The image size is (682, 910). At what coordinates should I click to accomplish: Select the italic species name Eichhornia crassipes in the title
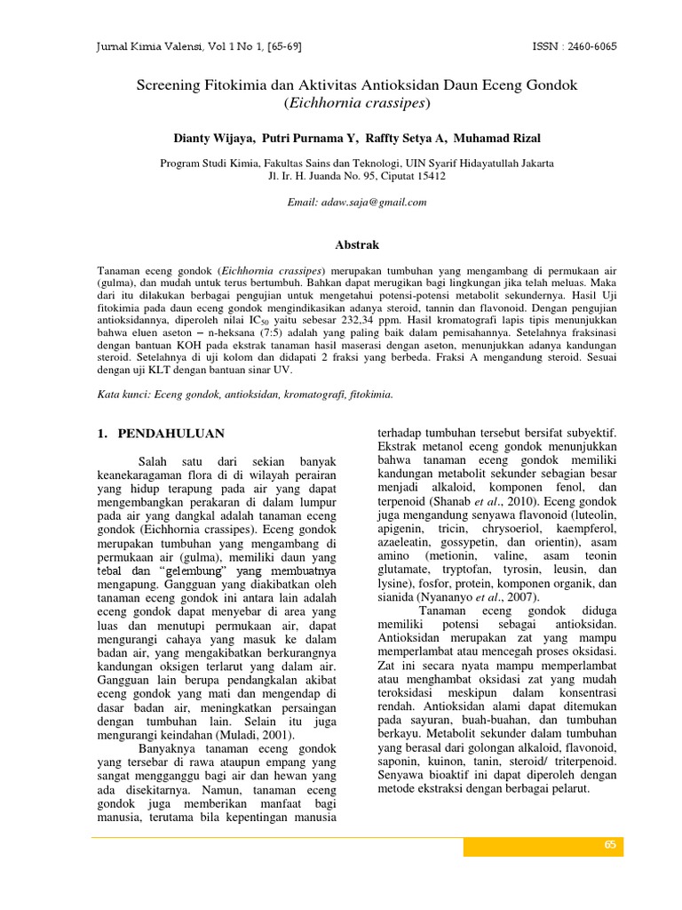pyautogui.click(x=356, y=103)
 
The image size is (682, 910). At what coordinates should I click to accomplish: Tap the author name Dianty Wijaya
pyautogui.click(x=211, y=139)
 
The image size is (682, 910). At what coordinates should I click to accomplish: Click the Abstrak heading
pyautogui.click(x=356, y=243)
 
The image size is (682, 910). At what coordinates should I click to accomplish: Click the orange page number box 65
pyautogui.click(x=610, y=845)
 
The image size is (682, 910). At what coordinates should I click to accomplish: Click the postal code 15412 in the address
pyautogui.click(x=429, y=176)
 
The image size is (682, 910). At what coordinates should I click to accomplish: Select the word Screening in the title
pyautogui.click(x=169, y=85)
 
